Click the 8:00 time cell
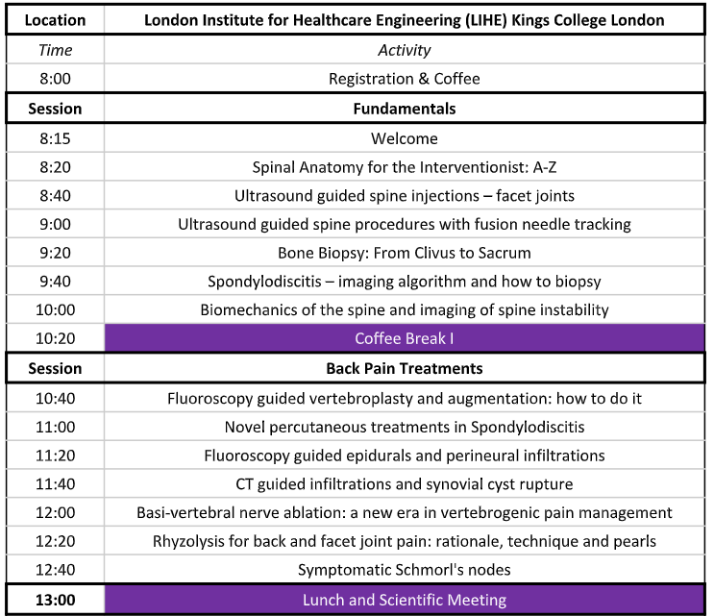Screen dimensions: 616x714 (x=56, y=79)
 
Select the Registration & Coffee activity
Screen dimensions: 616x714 (x=404, y=79)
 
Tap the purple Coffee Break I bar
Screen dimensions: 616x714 (x=404, y=338)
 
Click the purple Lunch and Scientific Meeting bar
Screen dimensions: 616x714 (x=404, y=600)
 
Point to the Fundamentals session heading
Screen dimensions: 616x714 (x=404, y=109)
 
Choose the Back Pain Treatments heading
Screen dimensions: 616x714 (x=404, y=368)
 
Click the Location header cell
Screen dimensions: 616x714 (x=56, y=19)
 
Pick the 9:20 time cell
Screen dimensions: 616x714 (x=56, y=253)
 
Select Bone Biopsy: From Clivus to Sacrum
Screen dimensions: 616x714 (x=404, y=253)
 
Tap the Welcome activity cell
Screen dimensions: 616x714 (x=404, y=138)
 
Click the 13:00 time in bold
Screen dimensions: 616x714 (x=56, y=600)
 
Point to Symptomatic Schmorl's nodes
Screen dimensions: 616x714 (x=404, y=570)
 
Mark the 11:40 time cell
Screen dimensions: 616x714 (x=56, y=483)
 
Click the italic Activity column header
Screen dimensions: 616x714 (x=404, y=49)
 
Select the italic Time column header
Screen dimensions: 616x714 (x=56, y=49)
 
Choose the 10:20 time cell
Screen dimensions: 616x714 (x=56, y=338)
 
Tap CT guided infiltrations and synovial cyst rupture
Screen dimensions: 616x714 (x=404, y=483)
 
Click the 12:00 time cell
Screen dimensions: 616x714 (x=56, y=512)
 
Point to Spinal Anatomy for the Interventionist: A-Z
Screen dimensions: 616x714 (x=404, y=167)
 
